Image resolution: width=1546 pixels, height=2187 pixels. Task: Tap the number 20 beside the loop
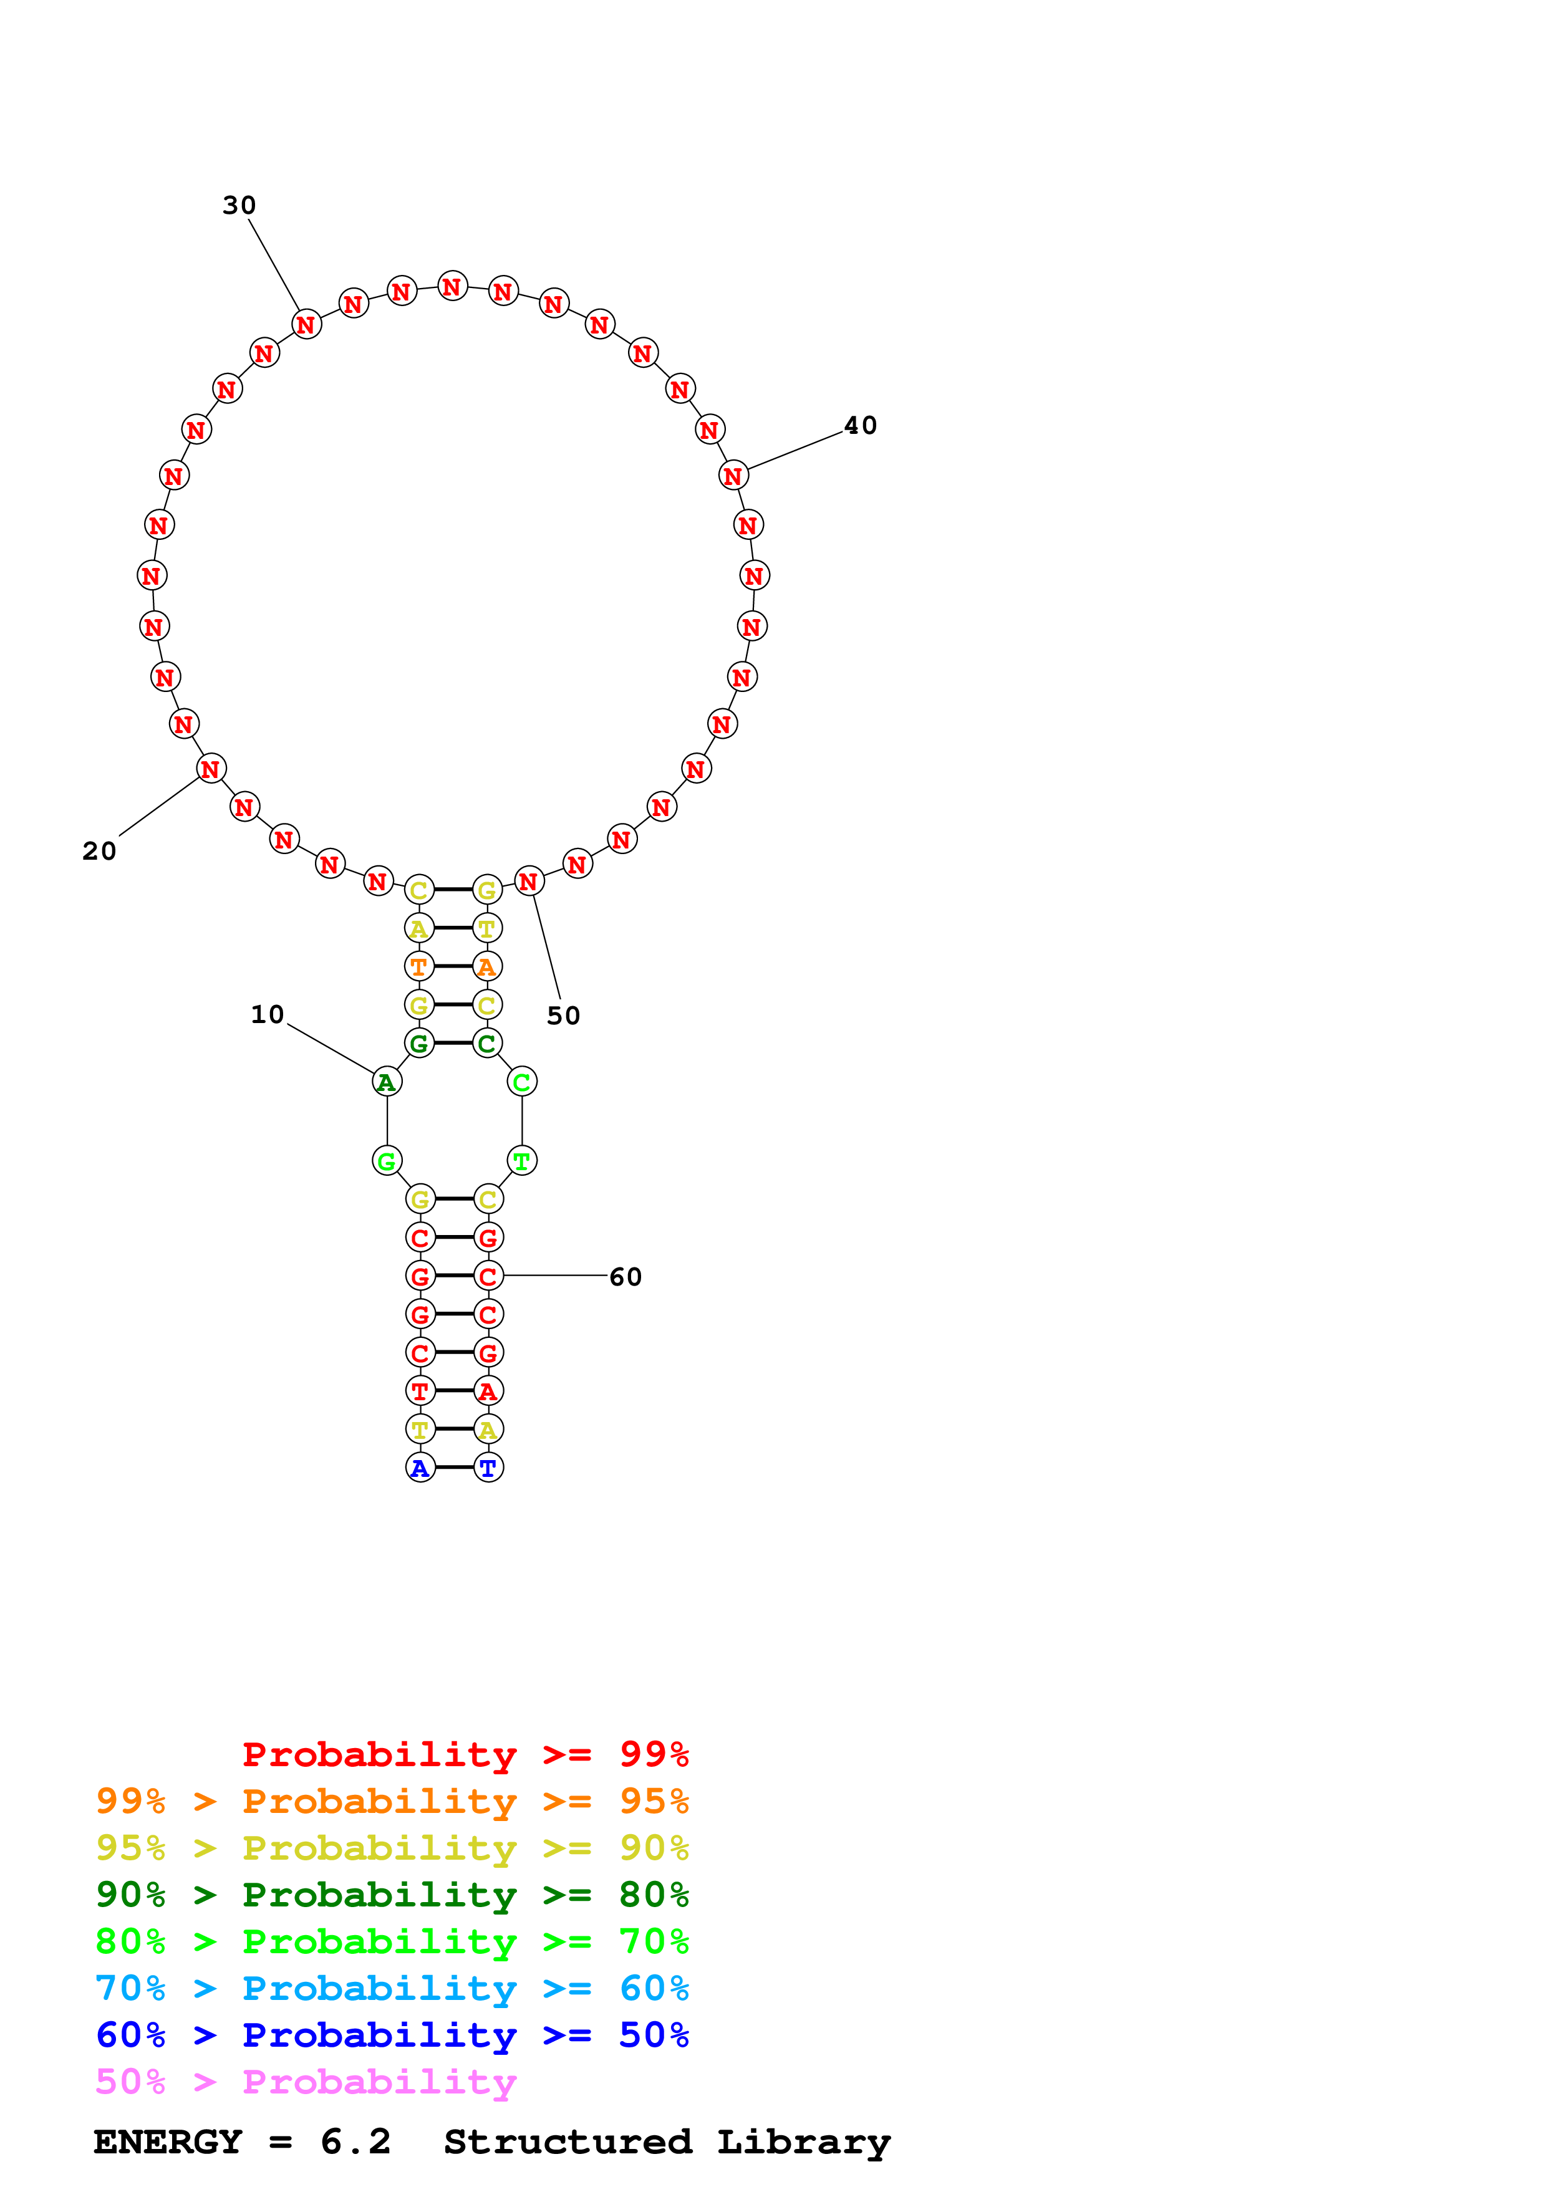(99, 850)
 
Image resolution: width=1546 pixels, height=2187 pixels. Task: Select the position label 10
(268, 1014)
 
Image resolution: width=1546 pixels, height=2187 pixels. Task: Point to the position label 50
(563, 1016)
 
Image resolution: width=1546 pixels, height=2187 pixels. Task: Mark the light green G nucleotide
(387, 1160)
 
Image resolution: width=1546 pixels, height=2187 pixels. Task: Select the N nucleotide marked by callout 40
(733, 474)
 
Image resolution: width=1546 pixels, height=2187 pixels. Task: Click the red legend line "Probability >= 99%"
(465, 1754)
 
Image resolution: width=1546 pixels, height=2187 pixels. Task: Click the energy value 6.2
(355, 2141)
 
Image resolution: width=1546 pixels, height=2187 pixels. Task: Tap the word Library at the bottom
(803, 2141)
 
